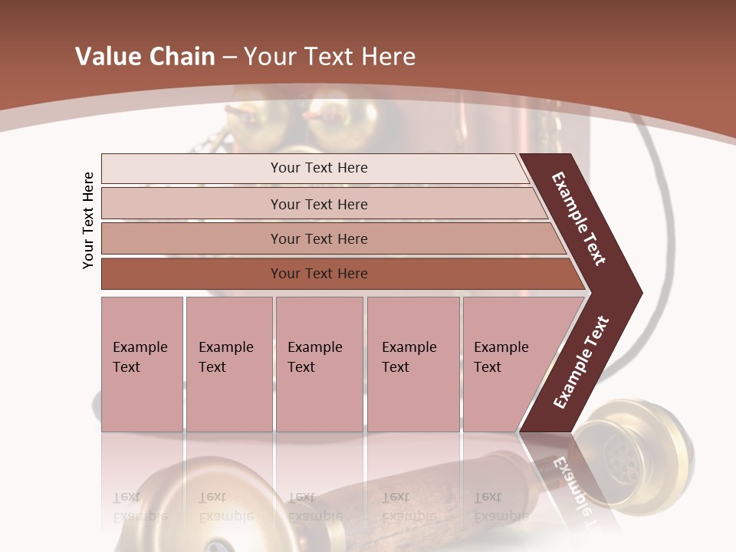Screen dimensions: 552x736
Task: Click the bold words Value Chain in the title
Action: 145,57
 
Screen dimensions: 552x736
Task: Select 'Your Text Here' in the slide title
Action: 330,57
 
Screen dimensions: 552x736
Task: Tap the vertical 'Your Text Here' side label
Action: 88,220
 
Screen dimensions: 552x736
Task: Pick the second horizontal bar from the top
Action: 319,204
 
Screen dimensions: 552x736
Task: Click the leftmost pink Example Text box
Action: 142,363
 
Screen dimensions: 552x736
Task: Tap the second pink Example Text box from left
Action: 228,363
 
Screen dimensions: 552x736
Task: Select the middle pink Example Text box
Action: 319,363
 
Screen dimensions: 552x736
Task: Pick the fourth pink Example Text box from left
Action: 413,363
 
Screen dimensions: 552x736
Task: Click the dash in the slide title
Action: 229,57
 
